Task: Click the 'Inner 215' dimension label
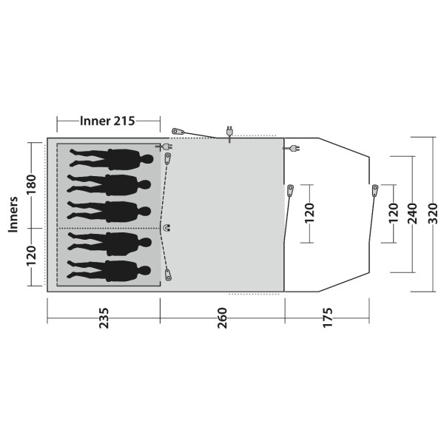click(x=109, y=121)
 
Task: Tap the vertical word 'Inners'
click(x=13, y=215)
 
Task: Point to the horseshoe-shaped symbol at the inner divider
click(x=166, y=228)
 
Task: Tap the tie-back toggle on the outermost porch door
click(x=375, y=191)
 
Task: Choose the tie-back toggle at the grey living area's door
click(x=289, y=191)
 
